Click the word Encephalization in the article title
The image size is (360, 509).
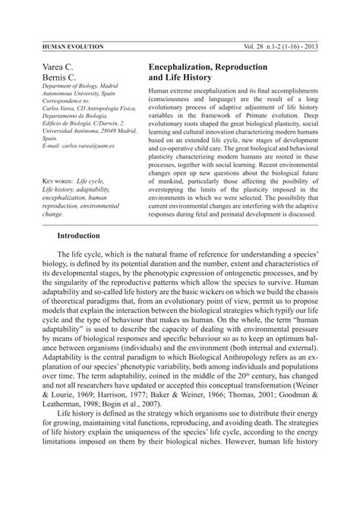coord(185,68)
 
